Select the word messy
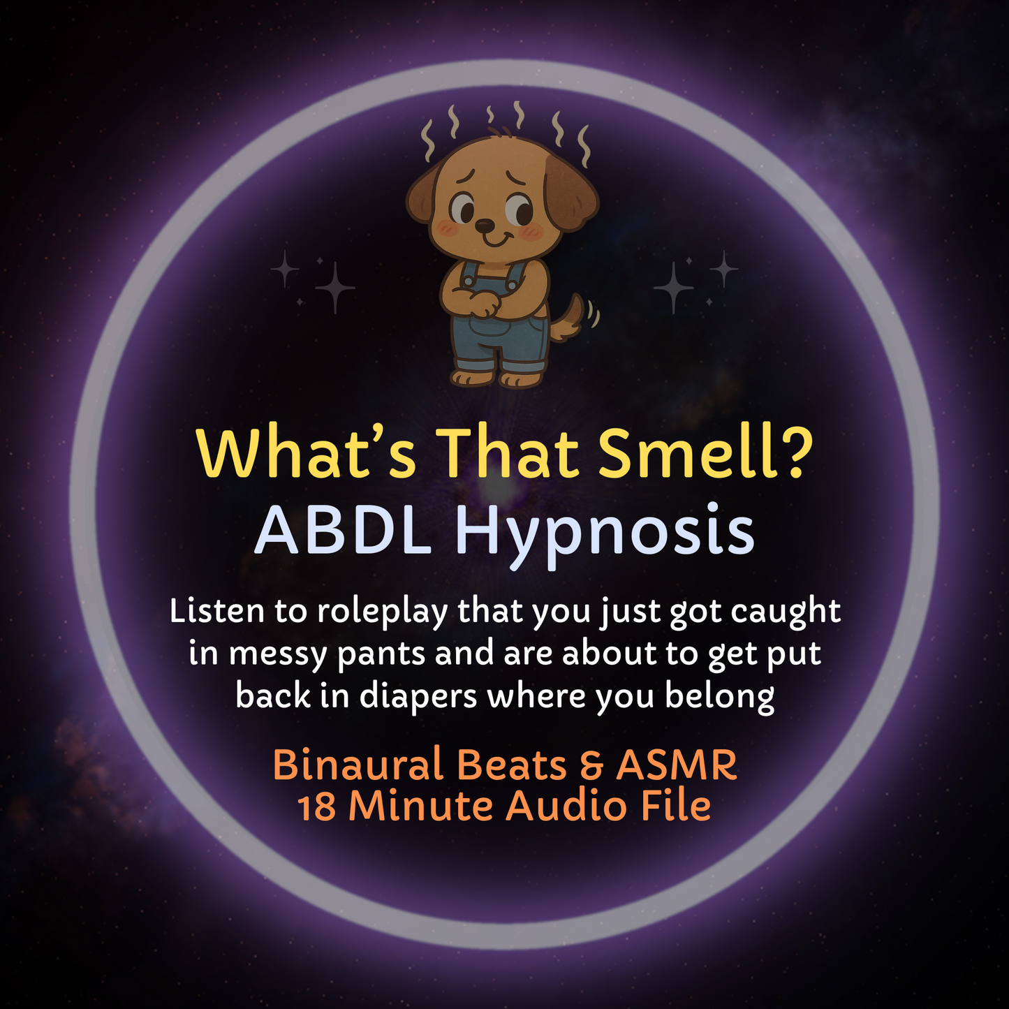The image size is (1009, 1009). [x=278, y=655]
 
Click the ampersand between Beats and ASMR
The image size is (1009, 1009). [x=591, y=765]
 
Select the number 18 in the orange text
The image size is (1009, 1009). [x=318, y=807]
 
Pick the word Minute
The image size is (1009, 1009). [x=421, y=807]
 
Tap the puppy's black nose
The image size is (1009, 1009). [x=484, y=225]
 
